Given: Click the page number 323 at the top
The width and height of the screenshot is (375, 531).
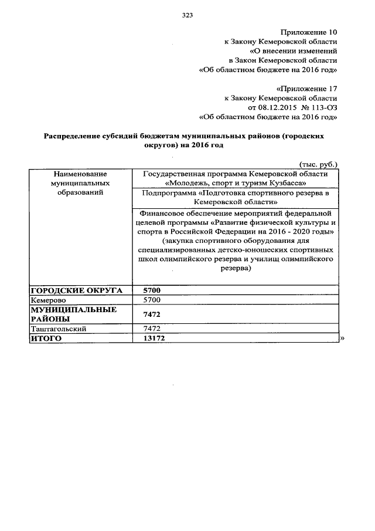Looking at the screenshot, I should (x=187, y=15).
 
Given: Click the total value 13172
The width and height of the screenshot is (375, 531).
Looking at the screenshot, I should (x=155, y=339).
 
